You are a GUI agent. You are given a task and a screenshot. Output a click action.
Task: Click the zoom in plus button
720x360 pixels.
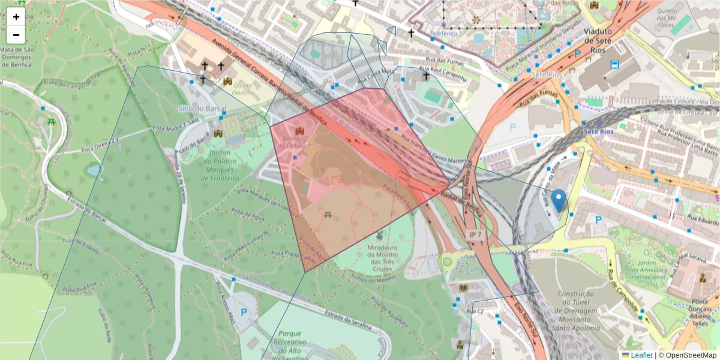(x=16, y=17)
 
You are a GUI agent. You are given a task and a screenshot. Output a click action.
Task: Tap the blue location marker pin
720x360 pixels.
(x=559, y=201)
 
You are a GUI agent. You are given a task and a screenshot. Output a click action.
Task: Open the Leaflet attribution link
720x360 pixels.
(x=637, y=355)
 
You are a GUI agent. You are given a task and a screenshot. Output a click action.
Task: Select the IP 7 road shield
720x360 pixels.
(x=475, y=235)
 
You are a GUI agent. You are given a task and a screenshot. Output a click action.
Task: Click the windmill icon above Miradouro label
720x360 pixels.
(x=379, y=235)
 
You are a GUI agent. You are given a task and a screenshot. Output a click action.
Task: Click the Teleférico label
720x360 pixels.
(x=444, y=33)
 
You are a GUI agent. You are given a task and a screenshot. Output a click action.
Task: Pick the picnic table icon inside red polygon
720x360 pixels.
(x=328, y=214)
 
